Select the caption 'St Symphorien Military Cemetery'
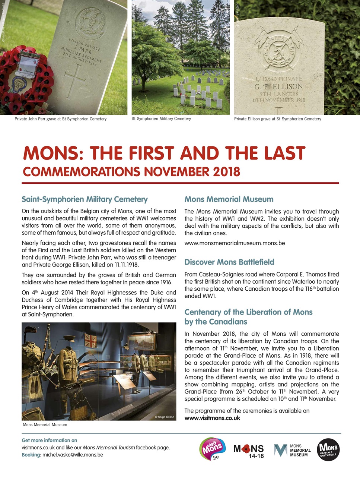161,119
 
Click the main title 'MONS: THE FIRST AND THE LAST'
164,154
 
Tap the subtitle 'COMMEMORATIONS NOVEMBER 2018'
131,172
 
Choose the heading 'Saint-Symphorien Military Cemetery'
85,199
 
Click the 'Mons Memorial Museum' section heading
229,199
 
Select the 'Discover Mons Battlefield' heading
229,262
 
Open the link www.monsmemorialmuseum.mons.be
235,243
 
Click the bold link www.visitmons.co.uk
212,418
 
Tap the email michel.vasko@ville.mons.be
73,455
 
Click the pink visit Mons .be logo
213,449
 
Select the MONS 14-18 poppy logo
248,450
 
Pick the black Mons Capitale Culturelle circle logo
328,450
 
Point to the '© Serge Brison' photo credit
164,417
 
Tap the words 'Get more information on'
50,440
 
